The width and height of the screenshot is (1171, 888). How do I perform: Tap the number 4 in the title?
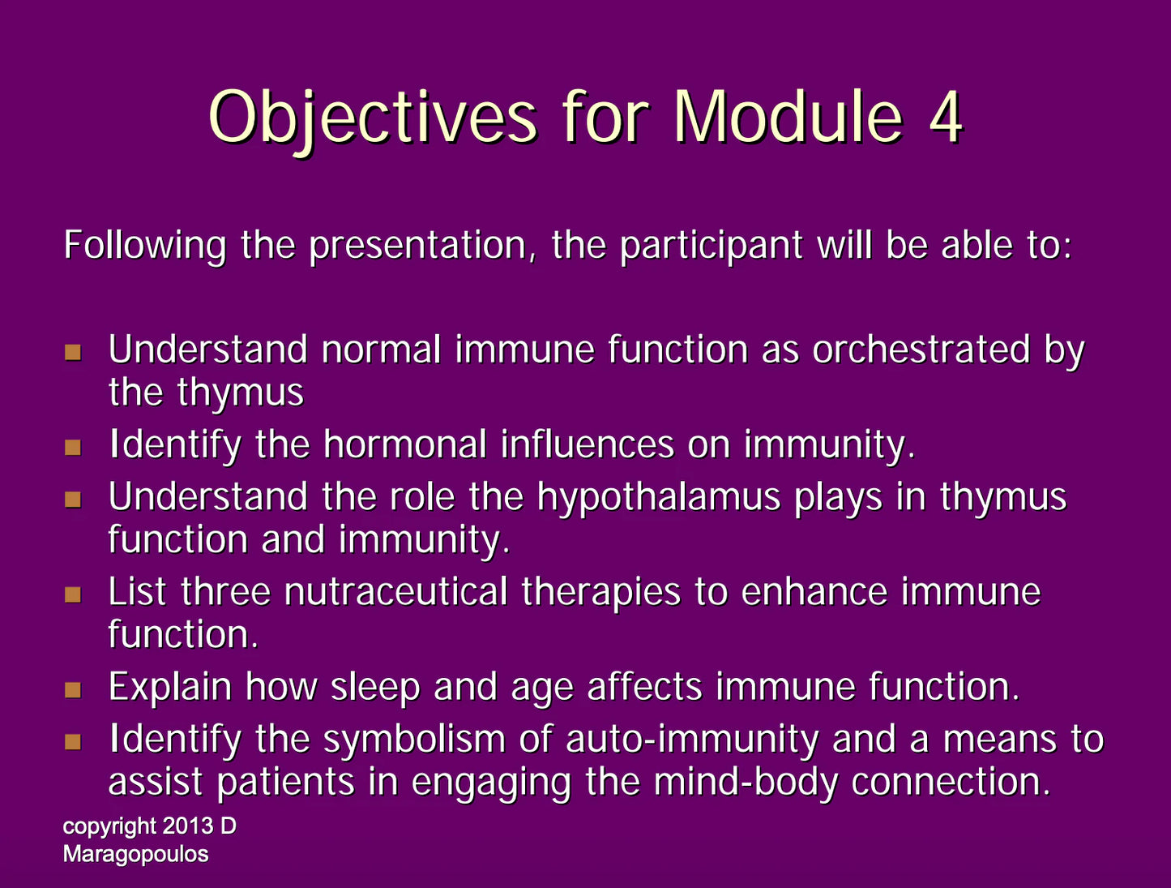click(946, 117)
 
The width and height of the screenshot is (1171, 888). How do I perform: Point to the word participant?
click(712, 247)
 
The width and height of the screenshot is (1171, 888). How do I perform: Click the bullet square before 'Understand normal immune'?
click(73, 352)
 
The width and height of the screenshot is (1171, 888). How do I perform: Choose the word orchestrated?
click(921, 350)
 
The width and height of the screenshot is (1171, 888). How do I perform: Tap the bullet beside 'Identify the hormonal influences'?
click(73, 447)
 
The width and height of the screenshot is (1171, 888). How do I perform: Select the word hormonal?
click(405, 444)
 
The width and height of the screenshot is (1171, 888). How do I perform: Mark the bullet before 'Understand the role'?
click(73, 500)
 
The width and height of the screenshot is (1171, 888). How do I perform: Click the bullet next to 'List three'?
click(73, 594)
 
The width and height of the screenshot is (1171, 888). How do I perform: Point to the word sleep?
click(375, 689)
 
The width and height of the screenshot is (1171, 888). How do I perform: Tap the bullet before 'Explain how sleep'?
click(73, 689)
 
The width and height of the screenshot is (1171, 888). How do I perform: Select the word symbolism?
click(414, 741)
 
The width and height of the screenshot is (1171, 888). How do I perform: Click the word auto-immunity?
click(692, 741)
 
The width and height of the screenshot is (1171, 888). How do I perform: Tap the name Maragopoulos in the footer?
click(135, 855)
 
